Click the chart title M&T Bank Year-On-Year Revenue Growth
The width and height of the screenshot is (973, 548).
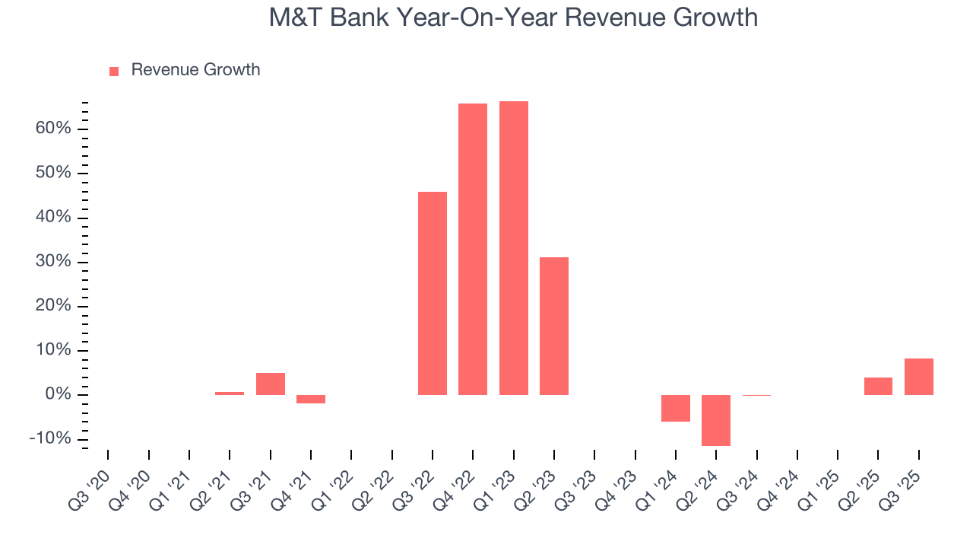(513, 17)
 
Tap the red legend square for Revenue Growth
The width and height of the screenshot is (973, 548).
(114, 71)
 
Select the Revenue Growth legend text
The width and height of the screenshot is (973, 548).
(195, 70)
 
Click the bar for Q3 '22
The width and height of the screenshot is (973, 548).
(433, 293)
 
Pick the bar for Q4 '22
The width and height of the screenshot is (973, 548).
(473, 249)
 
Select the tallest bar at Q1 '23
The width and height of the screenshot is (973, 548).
(514, 248)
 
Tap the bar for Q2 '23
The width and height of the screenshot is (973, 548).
(554, 326)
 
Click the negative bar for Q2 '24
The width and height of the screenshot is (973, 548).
(716, 420)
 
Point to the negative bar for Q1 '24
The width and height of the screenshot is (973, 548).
(676, 408)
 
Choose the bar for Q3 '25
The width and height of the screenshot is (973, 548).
(919, 377)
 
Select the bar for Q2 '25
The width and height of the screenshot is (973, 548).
(878, 386)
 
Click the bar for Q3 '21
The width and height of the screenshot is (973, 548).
(271, 384)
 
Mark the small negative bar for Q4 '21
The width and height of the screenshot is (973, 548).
(311, 399)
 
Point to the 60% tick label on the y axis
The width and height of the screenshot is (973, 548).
(52, 129)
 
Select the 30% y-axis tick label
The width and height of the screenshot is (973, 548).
(52, 262)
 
